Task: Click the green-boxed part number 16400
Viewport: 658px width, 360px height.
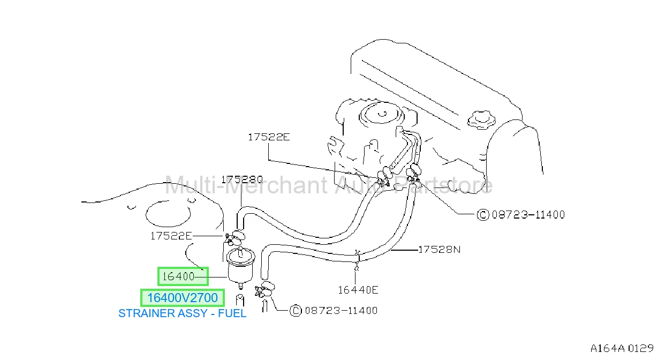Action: point(178,276)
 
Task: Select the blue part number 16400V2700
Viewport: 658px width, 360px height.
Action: point(183,298)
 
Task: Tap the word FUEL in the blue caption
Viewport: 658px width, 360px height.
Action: point(232,313)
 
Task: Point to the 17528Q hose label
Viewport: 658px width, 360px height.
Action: point(242,179)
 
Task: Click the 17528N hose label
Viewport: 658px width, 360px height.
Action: point(439,250)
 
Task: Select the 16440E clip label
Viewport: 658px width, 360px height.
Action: point(358,290)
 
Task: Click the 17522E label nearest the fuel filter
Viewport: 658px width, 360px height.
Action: point(171,236)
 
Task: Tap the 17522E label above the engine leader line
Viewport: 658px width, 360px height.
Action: point(269,137)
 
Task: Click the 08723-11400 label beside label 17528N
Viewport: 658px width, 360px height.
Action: point(528,214)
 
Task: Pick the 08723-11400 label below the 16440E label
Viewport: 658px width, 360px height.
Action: point(341,311)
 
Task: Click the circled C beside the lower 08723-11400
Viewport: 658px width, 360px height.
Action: point(296,311)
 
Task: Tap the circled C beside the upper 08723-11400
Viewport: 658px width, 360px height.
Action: point(483,214)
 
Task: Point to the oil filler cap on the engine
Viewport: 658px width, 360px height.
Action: point(481,120)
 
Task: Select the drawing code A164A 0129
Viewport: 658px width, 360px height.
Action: point(622,348)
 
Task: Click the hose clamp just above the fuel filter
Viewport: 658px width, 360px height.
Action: point(235,238)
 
